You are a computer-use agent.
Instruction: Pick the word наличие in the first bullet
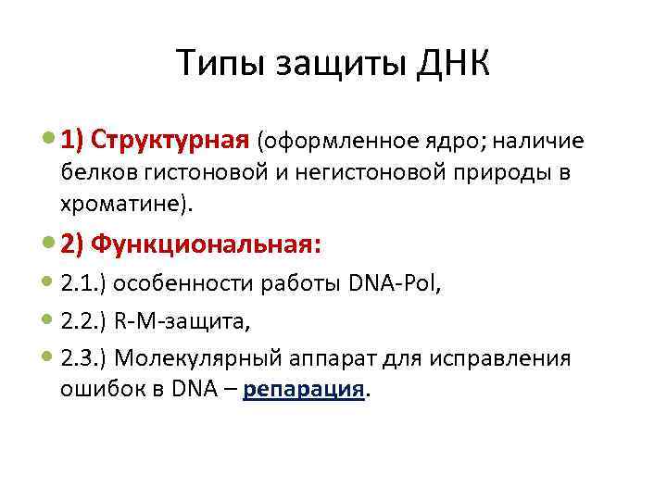(x=538, y=142)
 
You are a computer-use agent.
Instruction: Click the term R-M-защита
(x=180, y=320)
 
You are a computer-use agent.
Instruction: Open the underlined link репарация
(x=304, y=389)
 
